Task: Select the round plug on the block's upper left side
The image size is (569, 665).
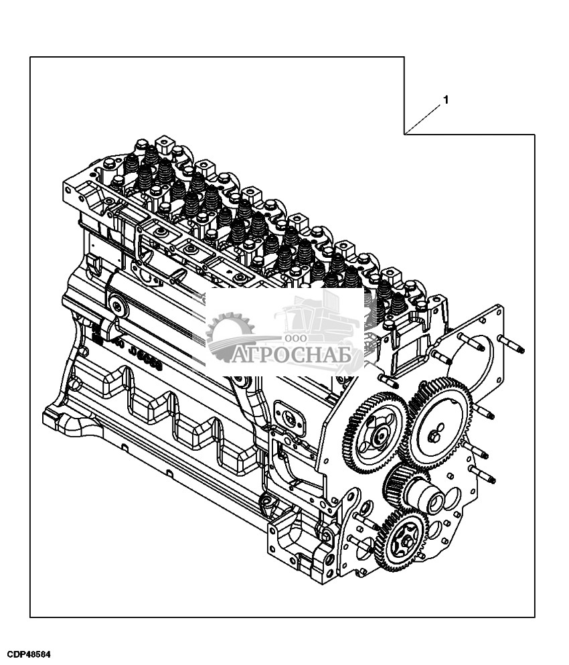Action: tap(119, 307)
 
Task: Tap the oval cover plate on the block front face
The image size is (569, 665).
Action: tap(291, 418)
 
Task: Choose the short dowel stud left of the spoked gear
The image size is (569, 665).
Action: tap(387, 379)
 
